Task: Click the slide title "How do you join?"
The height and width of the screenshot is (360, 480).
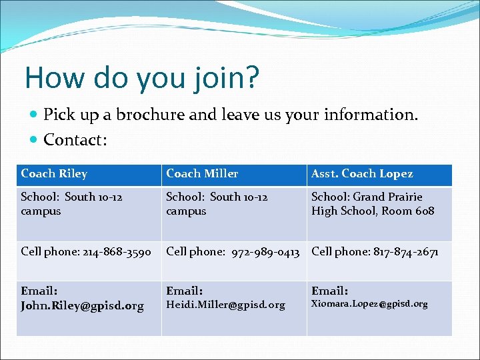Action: pyautogui.click(x=141, y=78)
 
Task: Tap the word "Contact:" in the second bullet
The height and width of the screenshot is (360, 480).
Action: pyautogui.click(x=75, y=140)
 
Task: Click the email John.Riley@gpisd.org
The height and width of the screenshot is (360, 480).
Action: pyautogui.click(x=82, y=306)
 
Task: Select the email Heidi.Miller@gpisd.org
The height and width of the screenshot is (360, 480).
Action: pyautogui.click(x=225, y=305)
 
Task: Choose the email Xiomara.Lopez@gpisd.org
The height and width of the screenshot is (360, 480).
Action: pyautogui.click(x=369, y=304)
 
